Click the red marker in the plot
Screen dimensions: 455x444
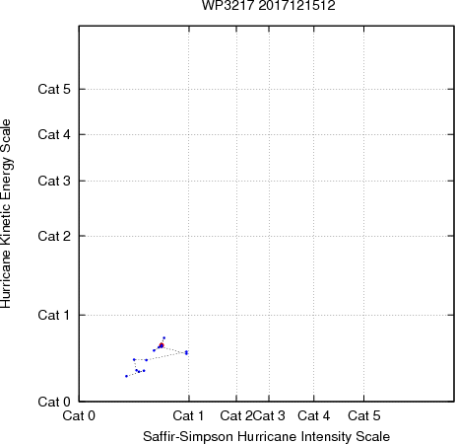pyautogui.click(x=162, y=345)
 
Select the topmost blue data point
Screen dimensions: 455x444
pyautogui.click(x=164, y=337)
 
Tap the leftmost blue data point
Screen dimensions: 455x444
pyautogui.click(x=126, y=376)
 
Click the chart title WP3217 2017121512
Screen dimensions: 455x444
pyautogui.click(x=268, y=6)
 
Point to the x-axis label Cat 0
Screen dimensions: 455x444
pyautogui.click(x=79, y=415)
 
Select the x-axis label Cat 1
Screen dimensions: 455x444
pyautogui.click(x=188, y=415)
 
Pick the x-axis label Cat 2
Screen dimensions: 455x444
pyautogui.click(x=236, y=415)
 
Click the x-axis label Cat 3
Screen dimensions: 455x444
pyautogui.click(x=269, y=415)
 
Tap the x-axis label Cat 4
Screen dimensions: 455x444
pyautogui.click(x=313, y=415)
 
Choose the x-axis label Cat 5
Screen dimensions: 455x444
pyautogui.click(x=364, y=415)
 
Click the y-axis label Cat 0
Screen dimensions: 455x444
pyautogui.click(x=54, y=402)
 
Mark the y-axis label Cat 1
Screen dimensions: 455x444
pyautogui.click(x=54, y=315)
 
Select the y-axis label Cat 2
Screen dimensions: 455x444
pyautogui.click(x=54, y=236)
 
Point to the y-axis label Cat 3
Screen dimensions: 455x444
pyautogui.click(x=54, y=181)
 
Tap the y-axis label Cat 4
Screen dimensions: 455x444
pyautogui.click(x=54, y=134)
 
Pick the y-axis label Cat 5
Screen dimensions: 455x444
pyautogui.click(x=54, y=89)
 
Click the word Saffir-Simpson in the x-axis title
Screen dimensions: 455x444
pyautogui.click(x=188, y=437)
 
